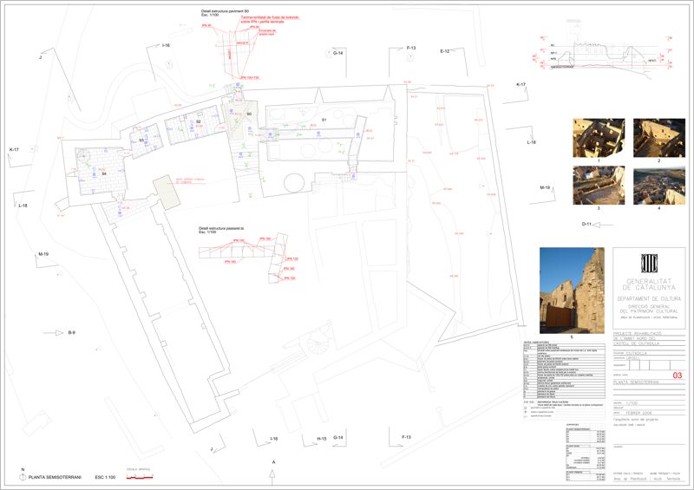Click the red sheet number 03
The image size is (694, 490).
point(678,375)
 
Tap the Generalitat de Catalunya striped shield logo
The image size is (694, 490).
point(649,264)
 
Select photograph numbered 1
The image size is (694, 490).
point(599,139)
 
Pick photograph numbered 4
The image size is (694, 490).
point(658,186)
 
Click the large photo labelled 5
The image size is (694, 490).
point(572,290)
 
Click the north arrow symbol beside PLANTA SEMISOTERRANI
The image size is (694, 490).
point(23,477)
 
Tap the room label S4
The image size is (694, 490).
point(103,174)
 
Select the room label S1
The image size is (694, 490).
point(324,119)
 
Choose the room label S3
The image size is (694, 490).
point(141,140)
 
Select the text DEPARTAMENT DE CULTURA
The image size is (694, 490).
point(649,297)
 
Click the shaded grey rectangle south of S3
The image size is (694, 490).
point(165,191)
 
